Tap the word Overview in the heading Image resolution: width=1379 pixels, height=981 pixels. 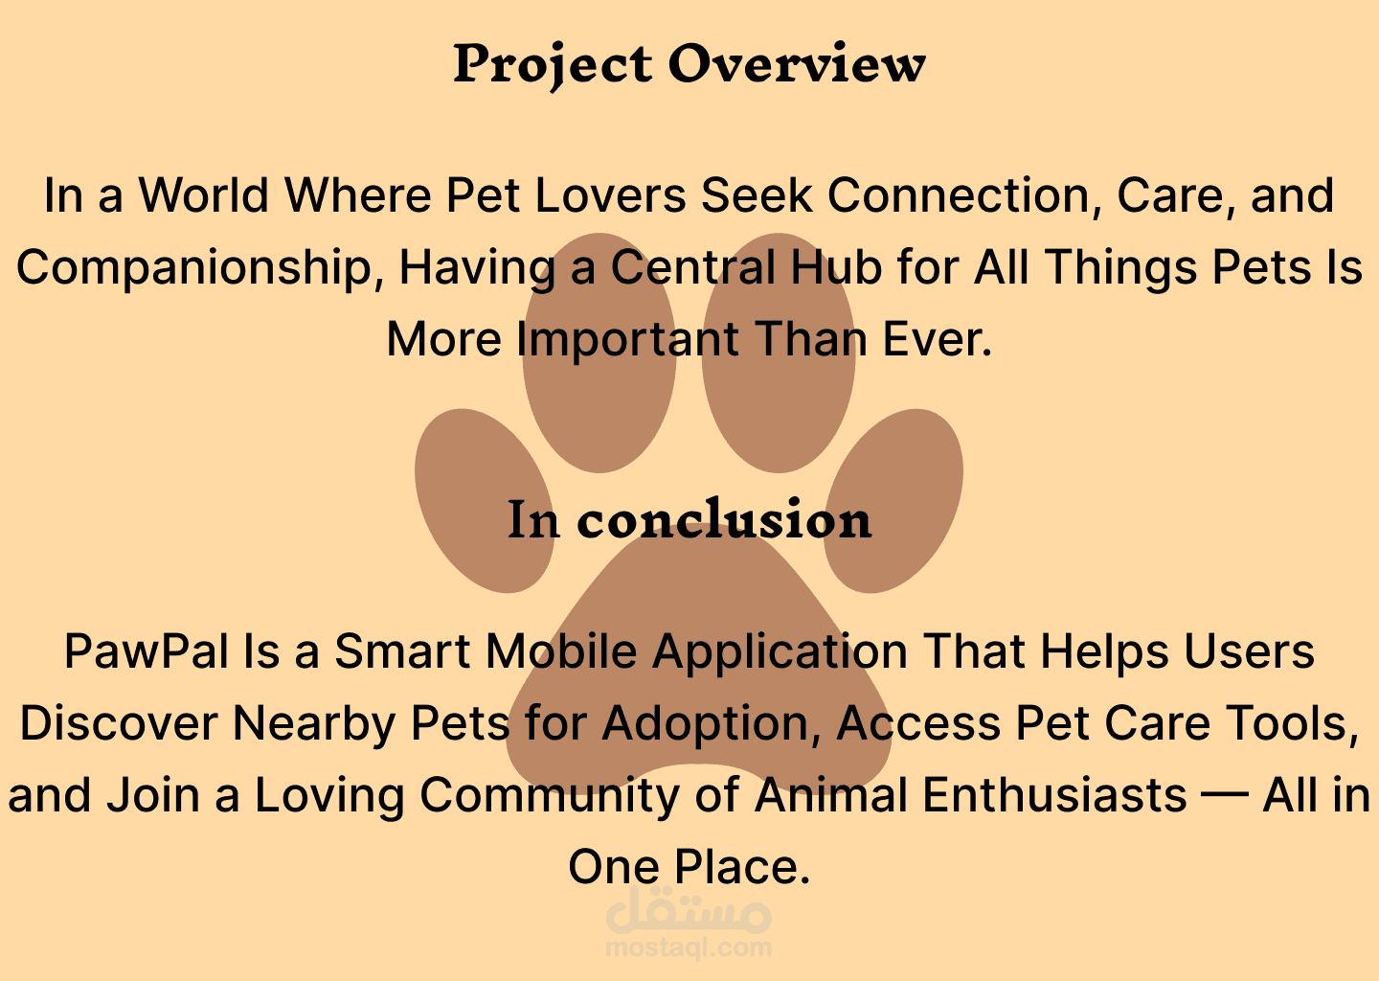click(x=797, y=63)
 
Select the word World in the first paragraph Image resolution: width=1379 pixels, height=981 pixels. click(x=204, y=195)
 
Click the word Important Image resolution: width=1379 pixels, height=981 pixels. click(x=627, y=340)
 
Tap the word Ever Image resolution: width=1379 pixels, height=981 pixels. click(x=938, y=339)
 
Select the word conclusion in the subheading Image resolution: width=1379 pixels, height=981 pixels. click(x=724, y=519)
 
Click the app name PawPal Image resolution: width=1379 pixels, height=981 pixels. click(x=147, y=650)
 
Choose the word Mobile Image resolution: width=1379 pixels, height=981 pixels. click(x=561, y=650)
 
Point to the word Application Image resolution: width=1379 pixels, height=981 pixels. click(x=780, y=652)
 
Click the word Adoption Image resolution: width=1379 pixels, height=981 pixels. click(x=712, y=725)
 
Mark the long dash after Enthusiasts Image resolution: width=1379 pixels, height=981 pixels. click(x=1225, y=797)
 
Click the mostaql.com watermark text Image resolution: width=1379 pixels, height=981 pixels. click(x=689, y=947)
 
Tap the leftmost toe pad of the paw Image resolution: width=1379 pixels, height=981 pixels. click(x=484, y=501)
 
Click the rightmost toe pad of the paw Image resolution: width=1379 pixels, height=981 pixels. click(x=893, y=501)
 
